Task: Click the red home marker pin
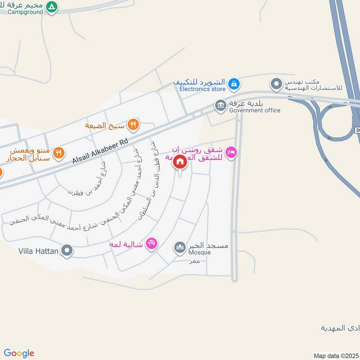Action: (x=180, y=162)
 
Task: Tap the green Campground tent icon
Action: (x=52, y=7)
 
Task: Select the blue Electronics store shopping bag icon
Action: (x=234, y=83)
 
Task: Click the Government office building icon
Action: (x=220, y=106)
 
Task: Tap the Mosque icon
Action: (x=180, y=247)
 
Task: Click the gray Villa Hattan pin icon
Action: (x=67, y=250)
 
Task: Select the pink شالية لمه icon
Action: (x=152, y=243)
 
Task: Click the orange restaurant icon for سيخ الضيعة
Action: (x=133, y=124)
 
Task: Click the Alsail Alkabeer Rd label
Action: (x=100, y=151)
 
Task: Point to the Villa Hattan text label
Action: (x=39, y=251)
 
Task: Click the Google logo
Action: (x=19, y=353)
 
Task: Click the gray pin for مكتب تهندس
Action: (x=276, y=83)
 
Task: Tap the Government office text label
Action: (x=254, y=110)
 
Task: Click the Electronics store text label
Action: (x=202, y=89)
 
